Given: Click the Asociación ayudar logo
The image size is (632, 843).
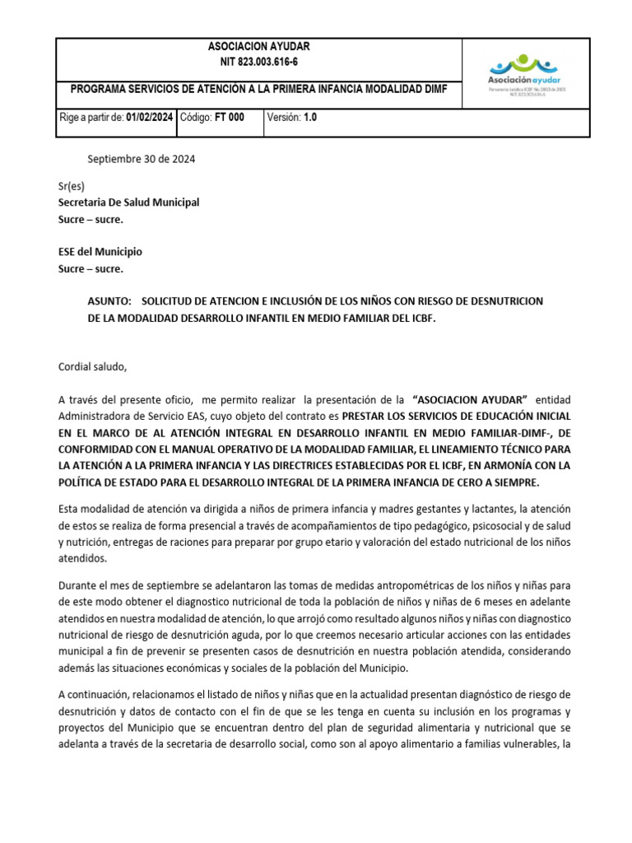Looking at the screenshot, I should [x=524, y=73].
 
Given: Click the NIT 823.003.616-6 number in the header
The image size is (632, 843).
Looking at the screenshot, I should [x=259, y=62].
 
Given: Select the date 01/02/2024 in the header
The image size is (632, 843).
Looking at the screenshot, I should [x=150, y=118].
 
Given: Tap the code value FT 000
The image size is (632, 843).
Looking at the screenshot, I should [x=229, y=118].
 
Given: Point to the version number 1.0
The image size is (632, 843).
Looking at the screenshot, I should [x=309, y=118].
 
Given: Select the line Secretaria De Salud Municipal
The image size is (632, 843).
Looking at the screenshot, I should [x=128, y=203].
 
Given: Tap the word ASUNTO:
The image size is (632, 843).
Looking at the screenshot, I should [x=109, y=301].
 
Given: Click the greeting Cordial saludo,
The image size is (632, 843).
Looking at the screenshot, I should [x=93, y=366].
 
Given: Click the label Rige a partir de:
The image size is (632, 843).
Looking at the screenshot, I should [x=91, y=118].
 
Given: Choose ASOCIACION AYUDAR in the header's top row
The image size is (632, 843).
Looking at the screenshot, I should [x=259, y=46].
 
